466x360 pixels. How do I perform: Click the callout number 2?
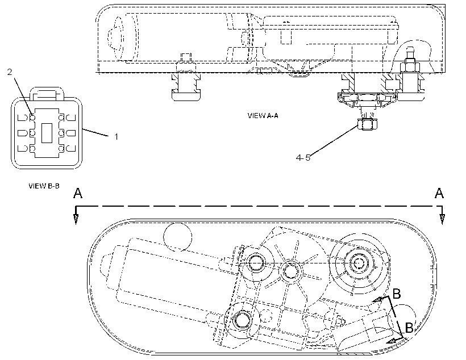10,72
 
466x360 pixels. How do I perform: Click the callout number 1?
116,137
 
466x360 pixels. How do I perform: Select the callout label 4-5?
303,158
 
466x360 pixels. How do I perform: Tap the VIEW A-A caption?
263,115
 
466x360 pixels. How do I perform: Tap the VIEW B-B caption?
44,186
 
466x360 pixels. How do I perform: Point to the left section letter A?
78,194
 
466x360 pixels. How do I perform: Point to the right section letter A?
439,194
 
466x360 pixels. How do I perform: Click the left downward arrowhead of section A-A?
76,219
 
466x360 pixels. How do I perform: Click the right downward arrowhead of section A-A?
442,219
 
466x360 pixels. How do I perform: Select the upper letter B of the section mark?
397,294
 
